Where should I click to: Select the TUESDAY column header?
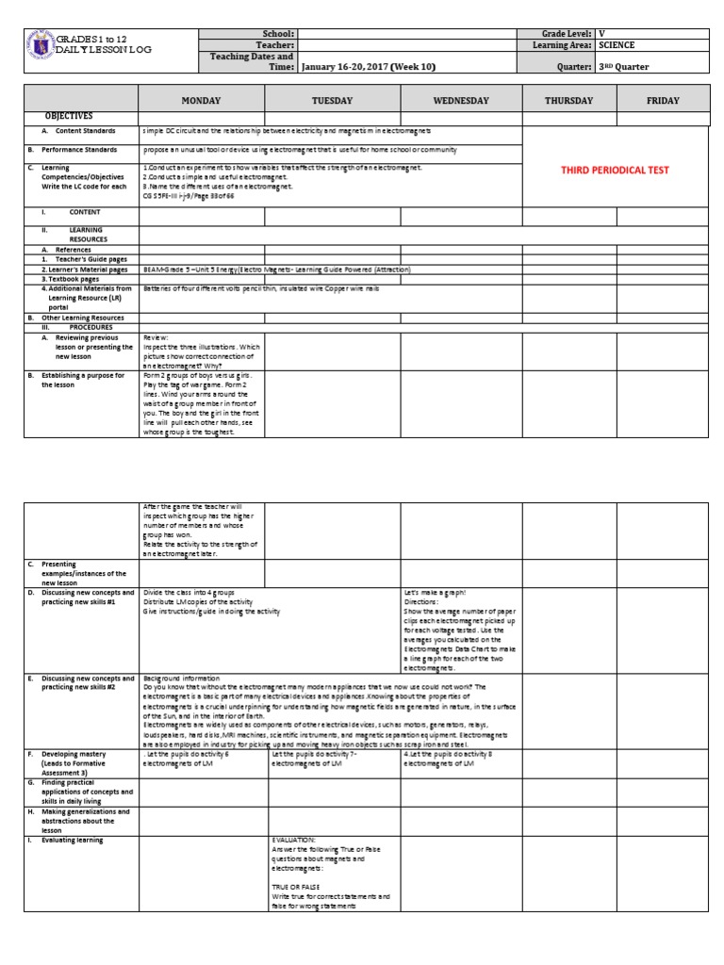point(332,100)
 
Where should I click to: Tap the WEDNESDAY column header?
point(461,100)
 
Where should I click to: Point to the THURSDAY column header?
point(568,100)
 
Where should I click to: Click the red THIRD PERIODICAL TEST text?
point(615,171)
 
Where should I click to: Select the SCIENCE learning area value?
point(617,44)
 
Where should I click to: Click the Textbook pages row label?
point(71,280)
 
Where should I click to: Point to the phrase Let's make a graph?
point(434,592)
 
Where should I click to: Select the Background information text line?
point(181,678)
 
